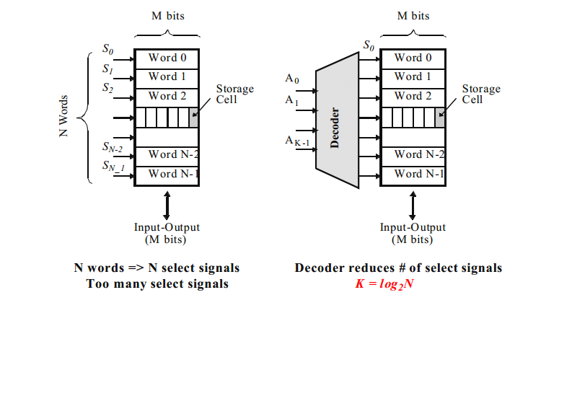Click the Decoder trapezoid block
(x=338, y=120)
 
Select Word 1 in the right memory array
(x=413, y=76)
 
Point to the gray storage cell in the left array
(x=193, y=117)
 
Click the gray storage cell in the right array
(x=440, y=117)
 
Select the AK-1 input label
(x=296, y=141)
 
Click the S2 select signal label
(x=107, y=88)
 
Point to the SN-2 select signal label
(x=112, y=148)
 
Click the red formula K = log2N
(x=384, y=283)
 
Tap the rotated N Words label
(x=63, y=115)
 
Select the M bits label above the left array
(x=167, y=16)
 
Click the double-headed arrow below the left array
(x=167, y=205)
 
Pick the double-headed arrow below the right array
(x=413, y=205)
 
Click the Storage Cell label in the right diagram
(x=480, y=94)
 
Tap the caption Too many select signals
(x=157, y=283)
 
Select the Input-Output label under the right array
(x=413, y=227)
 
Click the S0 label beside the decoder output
(x=369, y=45)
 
